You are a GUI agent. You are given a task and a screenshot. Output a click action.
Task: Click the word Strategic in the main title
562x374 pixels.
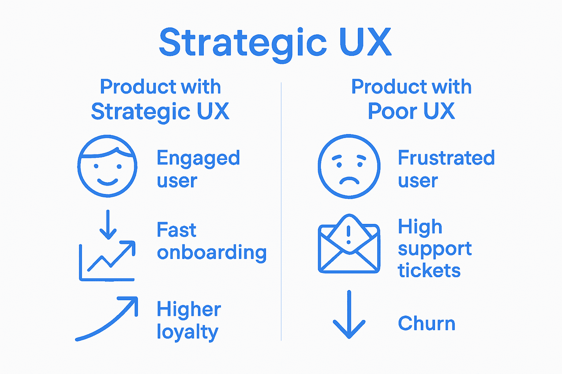[243, 43]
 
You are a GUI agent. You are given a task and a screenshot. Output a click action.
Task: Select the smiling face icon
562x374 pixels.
[107, 166]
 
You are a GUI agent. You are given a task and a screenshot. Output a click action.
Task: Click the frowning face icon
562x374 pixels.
[349, 167]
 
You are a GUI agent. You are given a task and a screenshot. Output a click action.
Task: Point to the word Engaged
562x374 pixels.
[198, 159]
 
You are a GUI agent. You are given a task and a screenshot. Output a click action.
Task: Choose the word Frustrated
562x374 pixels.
[446, 158]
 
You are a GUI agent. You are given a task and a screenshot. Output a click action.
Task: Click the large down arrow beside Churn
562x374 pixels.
[349, 315]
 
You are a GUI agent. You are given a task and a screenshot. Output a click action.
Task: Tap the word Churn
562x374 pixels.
[427, 324]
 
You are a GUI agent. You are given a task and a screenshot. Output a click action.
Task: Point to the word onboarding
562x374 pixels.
[211, 253]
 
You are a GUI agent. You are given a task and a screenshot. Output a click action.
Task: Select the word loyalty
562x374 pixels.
[187, 332]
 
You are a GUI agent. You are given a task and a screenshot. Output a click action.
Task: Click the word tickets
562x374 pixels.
[429, 271]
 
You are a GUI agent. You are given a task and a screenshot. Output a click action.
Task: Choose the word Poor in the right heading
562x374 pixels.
[392, 111]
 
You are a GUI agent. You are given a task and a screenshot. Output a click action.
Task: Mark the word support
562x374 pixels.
[435, 249]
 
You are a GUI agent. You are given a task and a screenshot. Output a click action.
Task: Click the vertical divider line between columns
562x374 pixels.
[281, 212]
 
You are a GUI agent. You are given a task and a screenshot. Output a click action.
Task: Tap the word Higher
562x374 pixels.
[188, 310]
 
